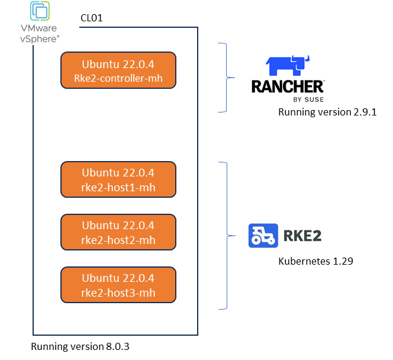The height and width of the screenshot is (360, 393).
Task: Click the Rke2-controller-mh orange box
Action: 118,70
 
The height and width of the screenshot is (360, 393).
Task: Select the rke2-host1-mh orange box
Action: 118,179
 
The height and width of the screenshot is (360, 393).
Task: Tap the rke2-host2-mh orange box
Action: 118,232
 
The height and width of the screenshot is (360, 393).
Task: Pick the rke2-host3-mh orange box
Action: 118,285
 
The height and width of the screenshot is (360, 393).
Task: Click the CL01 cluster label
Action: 92,18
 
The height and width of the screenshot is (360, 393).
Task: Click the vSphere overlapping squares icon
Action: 40,11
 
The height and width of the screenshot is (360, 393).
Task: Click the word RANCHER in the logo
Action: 288,86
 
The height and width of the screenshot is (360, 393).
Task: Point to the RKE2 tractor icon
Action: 263,235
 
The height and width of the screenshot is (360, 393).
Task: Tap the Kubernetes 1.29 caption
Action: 316,261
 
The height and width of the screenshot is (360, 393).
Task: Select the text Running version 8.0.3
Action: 80,346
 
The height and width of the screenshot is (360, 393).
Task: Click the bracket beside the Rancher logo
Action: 225,78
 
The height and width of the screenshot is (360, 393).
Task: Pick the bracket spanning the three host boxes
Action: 226,236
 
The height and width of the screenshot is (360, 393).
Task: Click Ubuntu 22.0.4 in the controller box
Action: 118,64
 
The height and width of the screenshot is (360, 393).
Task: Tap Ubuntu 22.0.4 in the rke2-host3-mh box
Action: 118,278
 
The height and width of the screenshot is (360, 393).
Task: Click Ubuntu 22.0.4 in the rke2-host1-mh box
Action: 118,173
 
